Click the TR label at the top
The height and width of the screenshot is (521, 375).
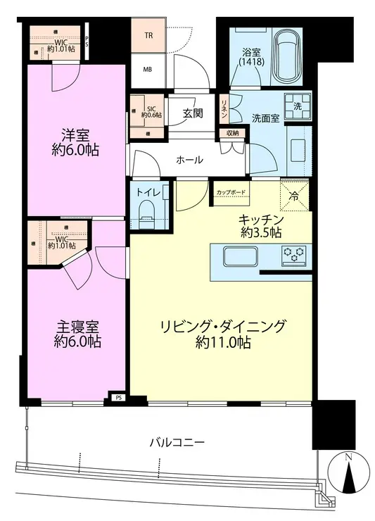pyautogui.click(x=148, y=35)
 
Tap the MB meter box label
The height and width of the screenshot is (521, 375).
pyautogui.click(x=148, y=69)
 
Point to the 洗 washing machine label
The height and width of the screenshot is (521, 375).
pyautogui.click(x=298, y=106)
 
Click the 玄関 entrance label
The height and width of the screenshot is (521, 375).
pyautogui.click(x=192, y=113)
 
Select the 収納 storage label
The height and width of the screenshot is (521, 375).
pyautogui.click(x=232, y=134)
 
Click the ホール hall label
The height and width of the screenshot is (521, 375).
pyautogui.click(x=190, y=161)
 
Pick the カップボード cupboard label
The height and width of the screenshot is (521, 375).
pyautogui.click(x=231, y=192)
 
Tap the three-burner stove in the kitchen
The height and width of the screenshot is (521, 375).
pyautogui.click(x=295, y=254)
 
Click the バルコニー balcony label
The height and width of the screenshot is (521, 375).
pyautogui.click(x=177, y=444)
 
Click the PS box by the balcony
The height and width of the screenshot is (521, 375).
pyautogui.click(x=117, y=398)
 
